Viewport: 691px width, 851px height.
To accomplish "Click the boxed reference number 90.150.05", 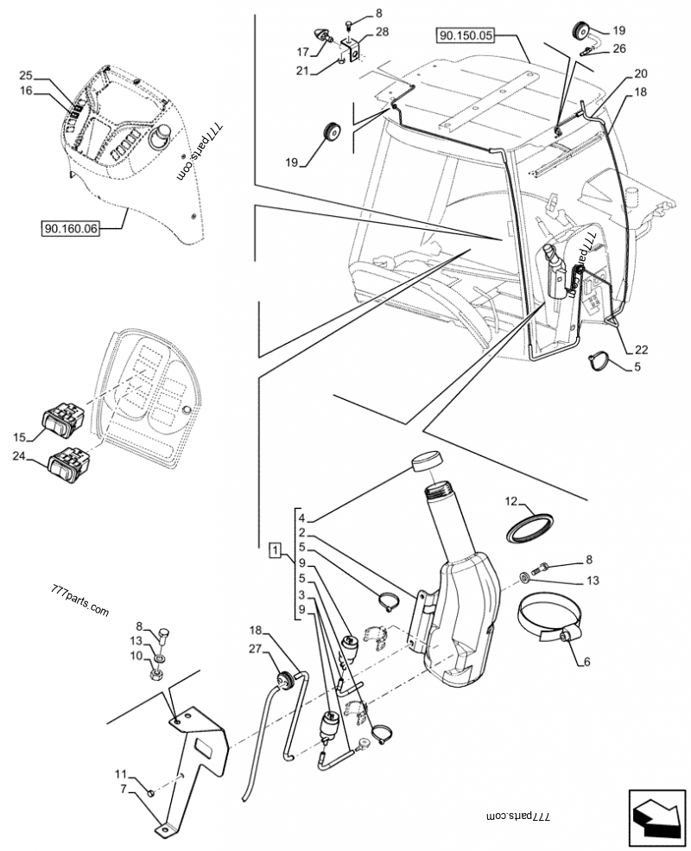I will [466, 35].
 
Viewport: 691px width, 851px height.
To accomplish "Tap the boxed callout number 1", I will [274, 549].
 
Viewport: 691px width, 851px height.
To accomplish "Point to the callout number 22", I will [640, 350].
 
